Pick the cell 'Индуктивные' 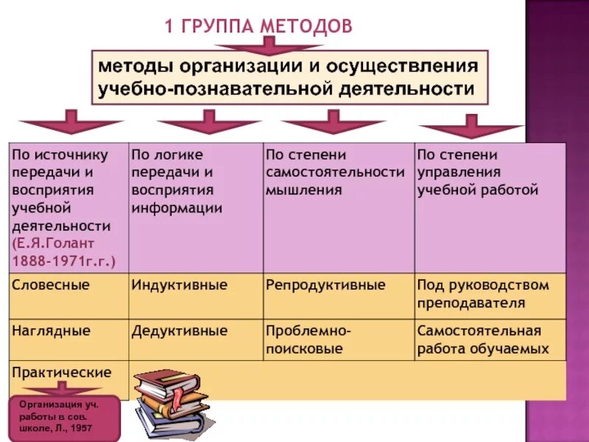pos(180,284)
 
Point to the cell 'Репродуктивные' pos(325,284)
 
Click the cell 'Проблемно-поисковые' pos(308,339)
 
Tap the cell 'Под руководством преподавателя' pos(483,293)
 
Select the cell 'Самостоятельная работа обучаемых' pos(483,339)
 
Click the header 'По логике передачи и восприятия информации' pos(177,181)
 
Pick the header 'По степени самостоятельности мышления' pos(335,172)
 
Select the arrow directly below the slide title pos(269,46)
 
